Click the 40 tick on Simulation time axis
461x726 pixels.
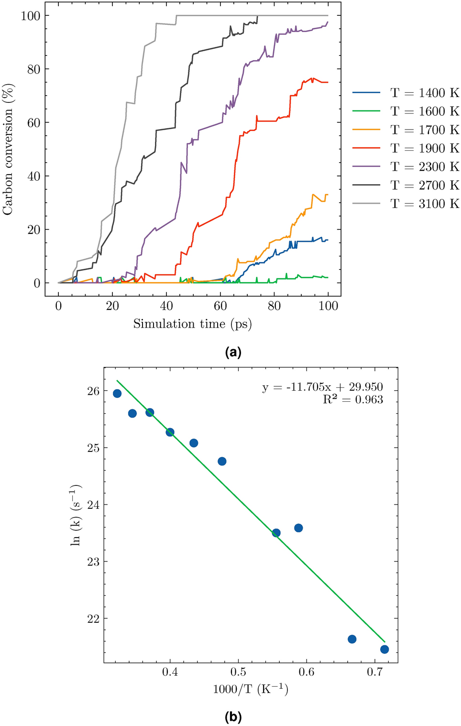coord(166,306)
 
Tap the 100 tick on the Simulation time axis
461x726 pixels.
coord(328,306)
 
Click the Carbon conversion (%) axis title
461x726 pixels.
coord(8,149)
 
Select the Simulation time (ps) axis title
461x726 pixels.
coord(192,324)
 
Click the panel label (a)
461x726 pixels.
coord(233,353)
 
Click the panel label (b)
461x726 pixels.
coord(233,717)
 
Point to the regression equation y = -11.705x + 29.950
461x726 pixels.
coord(322,387)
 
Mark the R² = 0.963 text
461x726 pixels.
coord(353,400)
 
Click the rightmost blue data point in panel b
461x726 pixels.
coord(384,649)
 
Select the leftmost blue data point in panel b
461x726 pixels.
coord(117,394)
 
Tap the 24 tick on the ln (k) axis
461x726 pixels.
coord(94,505)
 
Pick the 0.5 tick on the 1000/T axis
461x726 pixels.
coord(238,672)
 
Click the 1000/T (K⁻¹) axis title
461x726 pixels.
coord(251,689)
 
